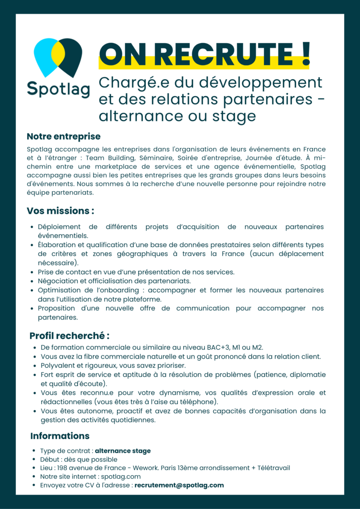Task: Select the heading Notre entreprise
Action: [x=64, y=137]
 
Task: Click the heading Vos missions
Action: [x=60, y=211]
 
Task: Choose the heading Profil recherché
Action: [x=69, y=336]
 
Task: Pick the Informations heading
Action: [x=60, y=436]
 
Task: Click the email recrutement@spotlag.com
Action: [x=179, y=485]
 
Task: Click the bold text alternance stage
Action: [x=123, y=451]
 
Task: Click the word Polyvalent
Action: [x=59, y=365]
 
